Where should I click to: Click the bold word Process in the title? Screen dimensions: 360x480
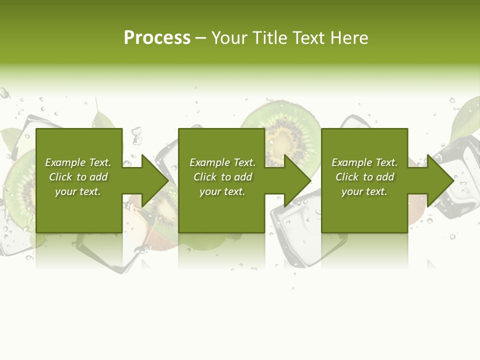tap(157, 38)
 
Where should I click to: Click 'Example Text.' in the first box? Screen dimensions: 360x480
tap(78, 162)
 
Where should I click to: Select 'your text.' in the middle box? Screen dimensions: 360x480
tap(222, 191)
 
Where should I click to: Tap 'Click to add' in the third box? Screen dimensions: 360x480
tap(364, 177)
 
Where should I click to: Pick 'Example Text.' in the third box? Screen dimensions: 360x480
tap(364, 162)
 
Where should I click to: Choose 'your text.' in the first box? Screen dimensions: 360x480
tap(78, 191)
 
